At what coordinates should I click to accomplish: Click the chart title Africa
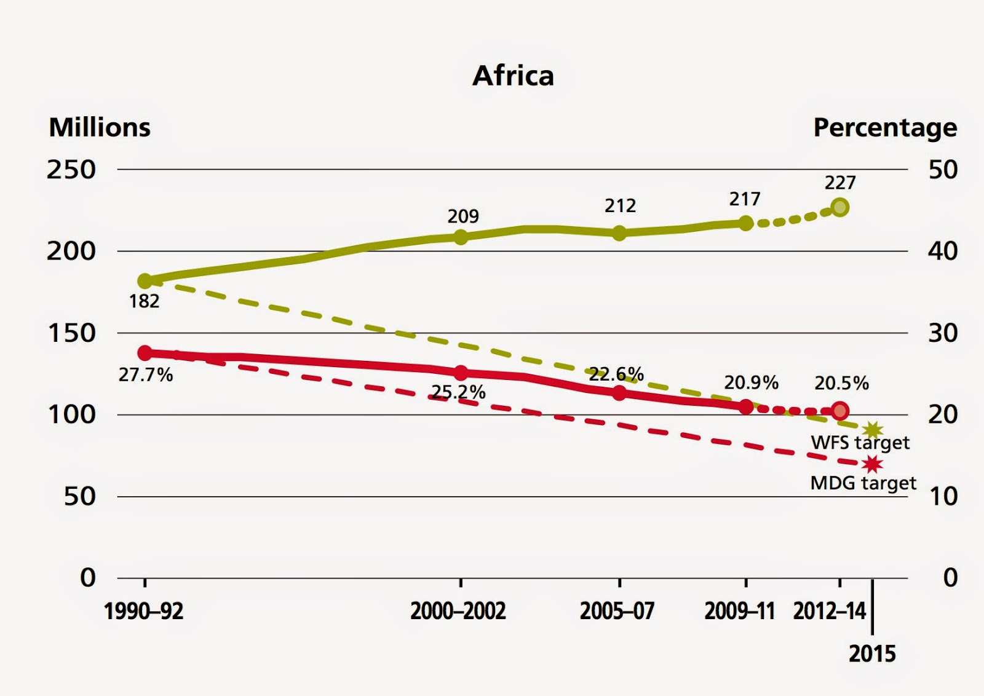point(513,76)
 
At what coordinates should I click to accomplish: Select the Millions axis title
point(100,128)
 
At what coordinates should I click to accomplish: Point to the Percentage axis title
point(885,128)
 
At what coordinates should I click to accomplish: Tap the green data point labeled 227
point(840,207)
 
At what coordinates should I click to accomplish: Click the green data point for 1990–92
point(145,281)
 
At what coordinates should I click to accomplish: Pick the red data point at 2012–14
point(840,411)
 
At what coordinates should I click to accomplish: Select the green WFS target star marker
point(873,430)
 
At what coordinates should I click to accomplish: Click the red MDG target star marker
point(873,464)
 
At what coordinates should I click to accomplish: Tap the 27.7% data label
point(146,375)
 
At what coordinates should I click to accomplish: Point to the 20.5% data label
point(841,384)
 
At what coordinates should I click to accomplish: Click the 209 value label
point(462,216)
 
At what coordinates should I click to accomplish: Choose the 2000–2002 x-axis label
point(458,611)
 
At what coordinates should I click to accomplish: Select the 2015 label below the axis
point(872,654)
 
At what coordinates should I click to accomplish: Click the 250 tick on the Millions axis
point(71,170)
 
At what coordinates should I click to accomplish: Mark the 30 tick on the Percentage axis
point(943,333)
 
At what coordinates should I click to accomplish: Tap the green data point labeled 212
point(619,233)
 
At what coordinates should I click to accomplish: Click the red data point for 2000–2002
point(461,373)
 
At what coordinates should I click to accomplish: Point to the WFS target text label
point(860,443)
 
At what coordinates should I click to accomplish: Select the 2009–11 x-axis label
point(739,611)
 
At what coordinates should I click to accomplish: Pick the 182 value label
point(144,301)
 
